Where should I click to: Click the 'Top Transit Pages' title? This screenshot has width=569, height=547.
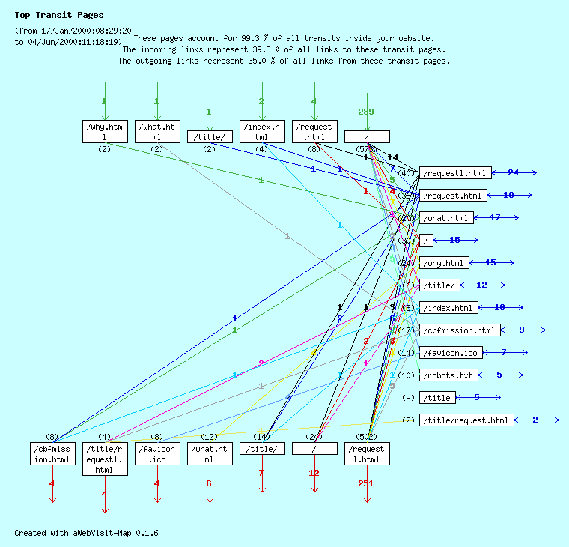(59, 15)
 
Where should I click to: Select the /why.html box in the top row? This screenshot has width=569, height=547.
(105, 132)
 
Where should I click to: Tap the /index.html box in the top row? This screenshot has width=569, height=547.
(262, 132)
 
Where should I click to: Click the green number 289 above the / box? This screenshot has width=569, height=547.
(366, 112)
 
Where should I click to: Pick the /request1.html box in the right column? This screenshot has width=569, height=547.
(455, 173)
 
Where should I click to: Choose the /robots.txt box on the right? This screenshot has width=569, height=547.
(448, 375)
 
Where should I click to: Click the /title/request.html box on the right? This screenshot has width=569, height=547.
(466, 420)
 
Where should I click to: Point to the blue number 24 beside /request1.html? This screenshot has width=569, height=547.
(513, 173)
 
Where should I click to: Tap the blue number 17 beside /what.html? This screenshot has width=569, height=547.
(495, 218)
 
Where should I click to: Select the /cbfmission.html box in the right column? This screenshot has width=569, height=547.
(459, 330)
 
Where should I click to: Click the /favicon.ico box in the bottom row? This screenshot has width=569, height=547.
(157, 454)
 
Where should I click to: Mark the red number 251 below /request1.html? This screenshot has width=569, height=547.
(366, 483)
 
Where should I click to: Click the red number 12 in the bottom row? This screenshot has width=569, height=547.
(314, 473)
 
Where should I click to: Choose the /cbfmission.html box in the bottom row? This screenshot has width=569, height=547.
(52, 454)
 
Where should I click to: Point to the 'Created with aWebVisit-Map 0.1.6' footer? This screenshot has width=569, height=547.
(86, 533)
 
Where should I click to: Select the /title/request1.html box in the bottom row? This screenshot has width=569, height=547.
(105, 459)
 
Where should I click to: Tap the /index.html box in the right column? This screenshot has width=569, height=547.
(448, 308)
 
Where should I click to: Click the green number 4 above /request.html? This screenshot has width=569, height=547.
(314, 101)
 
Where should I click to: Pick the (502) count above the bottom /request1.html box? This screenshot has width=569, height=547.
(367, 436)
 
